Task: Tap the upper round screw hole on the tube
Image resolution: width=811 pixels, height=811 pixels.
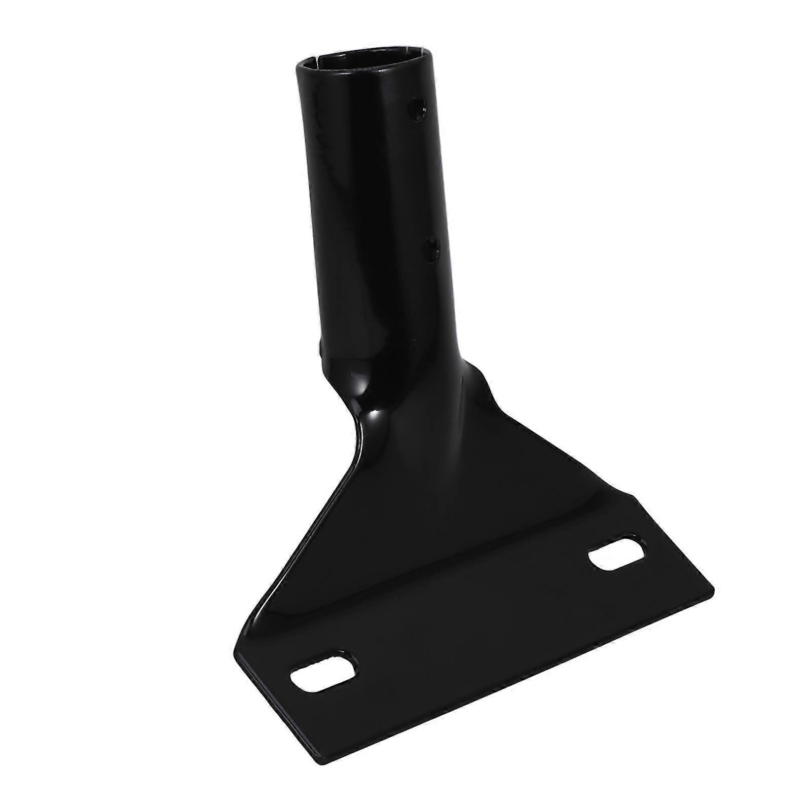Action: pos(418,107)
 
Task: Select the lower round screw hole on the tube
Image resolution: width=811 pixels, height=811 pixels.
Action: pos(430,250)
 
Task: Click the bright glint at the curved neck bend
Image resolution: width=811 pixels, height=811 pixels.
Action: pos(374,418)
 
